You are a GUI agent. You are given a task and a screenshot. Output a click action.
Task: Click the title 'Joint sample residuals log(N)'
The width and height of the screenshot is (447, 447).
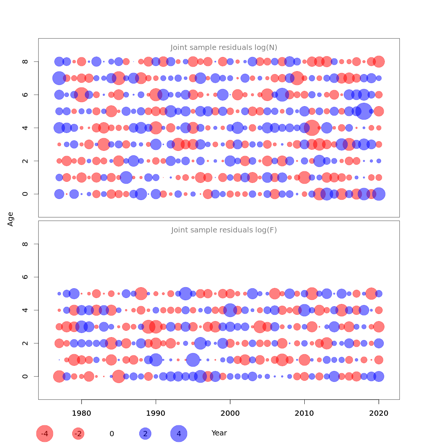coord(224,48)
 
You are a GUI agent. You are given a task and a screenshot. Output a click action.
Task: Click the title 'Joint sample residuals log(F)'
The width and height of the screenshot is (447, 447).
coord(224,230)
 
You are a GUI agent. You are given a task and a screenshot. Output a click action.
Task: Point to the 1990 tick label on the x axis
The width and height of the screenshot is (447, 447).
coord(156,413)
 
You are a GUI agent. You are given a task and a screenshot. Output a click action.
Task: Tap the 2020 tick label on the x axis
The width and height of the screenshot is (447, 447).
coord(379,413)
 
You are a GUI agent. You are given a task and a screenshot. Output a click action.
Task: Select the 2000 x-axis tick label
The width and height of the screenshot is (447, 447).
coord(230,413)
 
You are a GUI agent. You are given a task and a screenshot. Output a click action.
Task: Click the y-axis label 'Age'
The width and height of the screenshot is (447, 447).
coord(11,219)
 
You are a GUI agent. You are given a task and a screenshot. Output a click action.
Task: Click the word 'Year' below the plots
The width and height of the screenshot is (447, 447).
coord(219,433)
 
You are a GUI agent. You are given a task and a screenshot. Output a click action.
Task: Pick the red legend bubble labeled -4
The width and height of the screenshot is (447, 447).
coord(45,434)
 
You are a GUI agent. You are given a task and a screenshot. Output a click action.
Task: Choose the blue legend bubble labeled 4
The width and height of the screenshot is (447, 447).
coord(179,434)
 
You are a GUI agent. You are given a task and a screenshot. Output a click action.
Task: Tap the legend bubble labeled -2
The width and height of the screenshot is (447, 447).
coord(78,434)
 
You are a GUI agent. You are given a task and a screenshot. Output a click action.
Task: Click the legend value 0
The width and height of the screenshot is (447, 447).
coord(112,434)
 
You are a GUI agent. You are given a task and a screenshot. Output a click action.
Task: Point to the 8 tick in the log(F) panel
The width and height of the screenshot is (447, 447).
coord(25,244)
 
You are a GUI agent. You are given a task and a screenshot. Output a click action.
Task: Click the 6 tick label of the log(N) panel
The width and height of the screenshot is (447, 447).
coord(25,95)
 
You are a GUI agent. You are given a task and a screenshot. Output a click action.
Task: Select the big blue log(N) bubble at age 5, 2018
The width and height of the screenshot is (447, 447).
coord(364,111)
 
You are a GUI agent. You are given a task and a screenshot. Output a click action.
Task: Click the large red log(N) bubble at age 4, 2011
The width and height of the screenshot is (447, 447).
coord(312,128)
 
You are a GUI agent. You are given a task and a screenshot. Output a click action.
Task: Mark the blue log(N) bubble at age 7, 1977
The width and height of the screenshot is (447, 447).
coord(59,78)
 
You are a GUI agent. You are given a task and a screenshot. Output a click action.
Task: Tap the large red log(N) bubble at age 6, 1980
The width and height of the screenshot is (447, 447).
coord(82,95)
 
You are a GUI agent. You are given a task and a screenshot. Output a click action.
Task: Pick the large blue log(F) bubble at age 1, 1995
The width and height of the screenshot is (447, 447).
coord(193,360)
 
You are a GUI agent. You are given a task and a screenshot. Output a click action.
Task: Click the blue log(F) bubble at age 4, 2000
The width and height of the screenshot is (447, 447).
coord(230,310)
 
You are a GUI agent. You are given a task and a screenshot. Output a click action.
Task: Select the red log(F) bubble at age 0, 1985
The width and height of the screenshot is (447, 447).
coord(118,376)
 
